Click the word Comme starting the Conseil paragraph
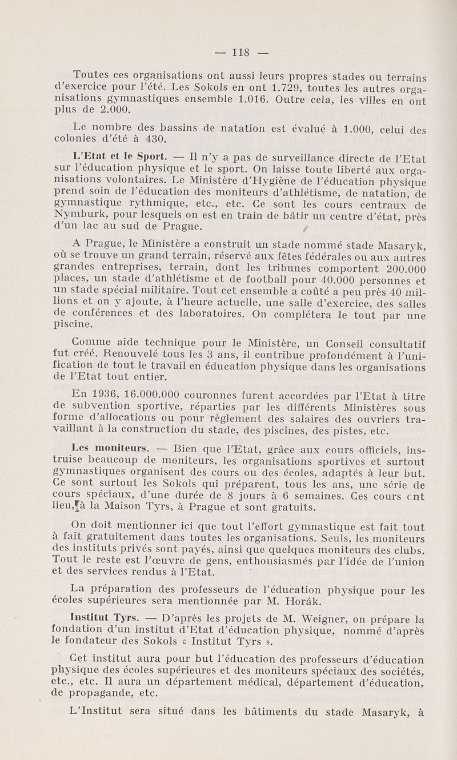pyautogui.click(x=91, y=343)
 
